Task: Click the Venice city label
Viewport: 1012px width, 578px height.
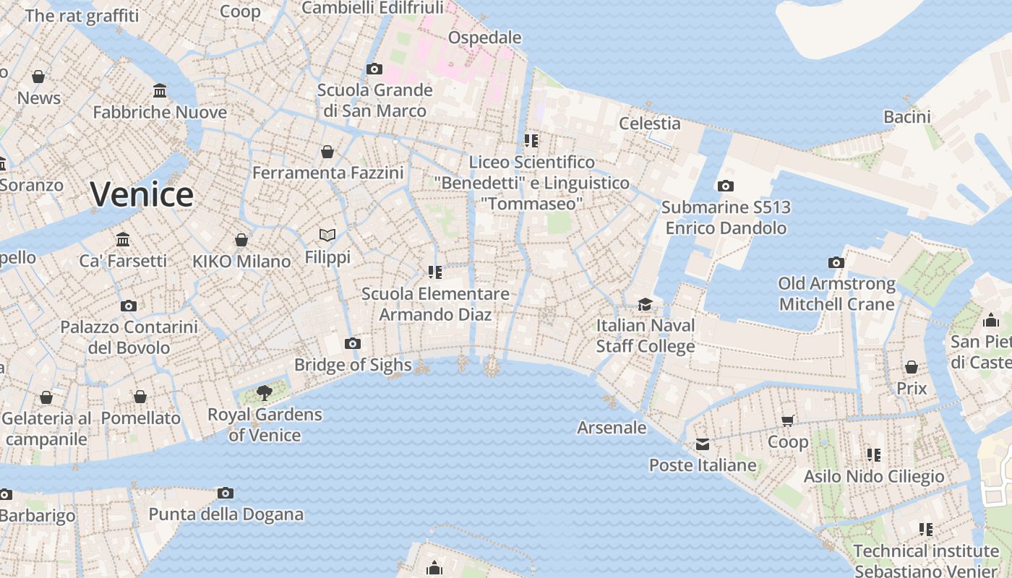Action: [x=142, y=194]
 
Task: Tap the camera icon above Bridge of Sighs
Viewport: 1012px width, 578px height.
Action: [x=353, y=343]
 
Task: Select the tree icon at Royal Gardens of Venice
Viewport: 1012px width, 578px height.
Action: [x=265, y=393]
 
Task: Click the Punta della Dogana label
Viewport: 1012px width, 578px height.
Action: [x=226, y=514]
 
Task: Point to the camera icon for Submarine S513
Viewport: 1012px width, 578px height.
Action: [x=726, y=186]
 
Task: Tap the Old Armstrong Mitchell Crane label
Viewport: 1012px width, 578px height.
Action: [x=836, y=293]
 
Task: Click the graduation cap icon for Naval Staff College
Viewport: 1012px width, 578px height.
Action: [x=645, y=305]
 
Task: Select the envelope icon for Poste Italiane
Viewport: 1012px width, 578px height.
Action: [x=703, y=444]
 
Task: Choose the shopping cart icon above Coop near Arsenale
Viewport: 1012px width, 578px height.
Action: [x=788, y=420]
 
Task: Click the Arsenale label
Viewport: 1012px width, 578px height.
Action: [x=612, y=428]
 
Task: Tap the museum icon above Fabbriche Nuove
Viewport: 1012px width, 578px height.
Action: [x=160, y=91]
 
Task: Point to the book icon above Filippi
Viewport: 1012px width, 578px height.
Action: [x=327, y=236]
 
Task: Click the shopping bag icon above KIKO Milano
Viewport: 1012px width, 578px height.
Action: [x=241, y=240]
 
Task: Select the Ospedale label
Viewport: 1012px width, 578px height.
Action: [x=485, y=38]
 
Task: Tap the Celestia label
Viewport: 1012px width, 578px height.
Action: [x=650, y=123]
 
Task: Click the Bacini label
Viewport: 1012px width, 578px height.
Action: [x=906, y=117]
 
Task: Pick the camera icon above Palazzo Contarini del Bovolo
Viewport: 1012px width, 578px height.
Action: [x=129, y=306]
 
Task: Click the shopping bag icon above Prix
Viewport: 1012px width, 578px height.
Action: [x=912, y=367]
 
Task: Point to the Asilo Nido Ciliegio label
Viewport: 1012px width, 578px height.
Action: [x=874, y=476]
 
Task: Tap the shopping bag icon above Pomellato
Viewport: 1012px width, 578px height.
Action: [x=140, y=397]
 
